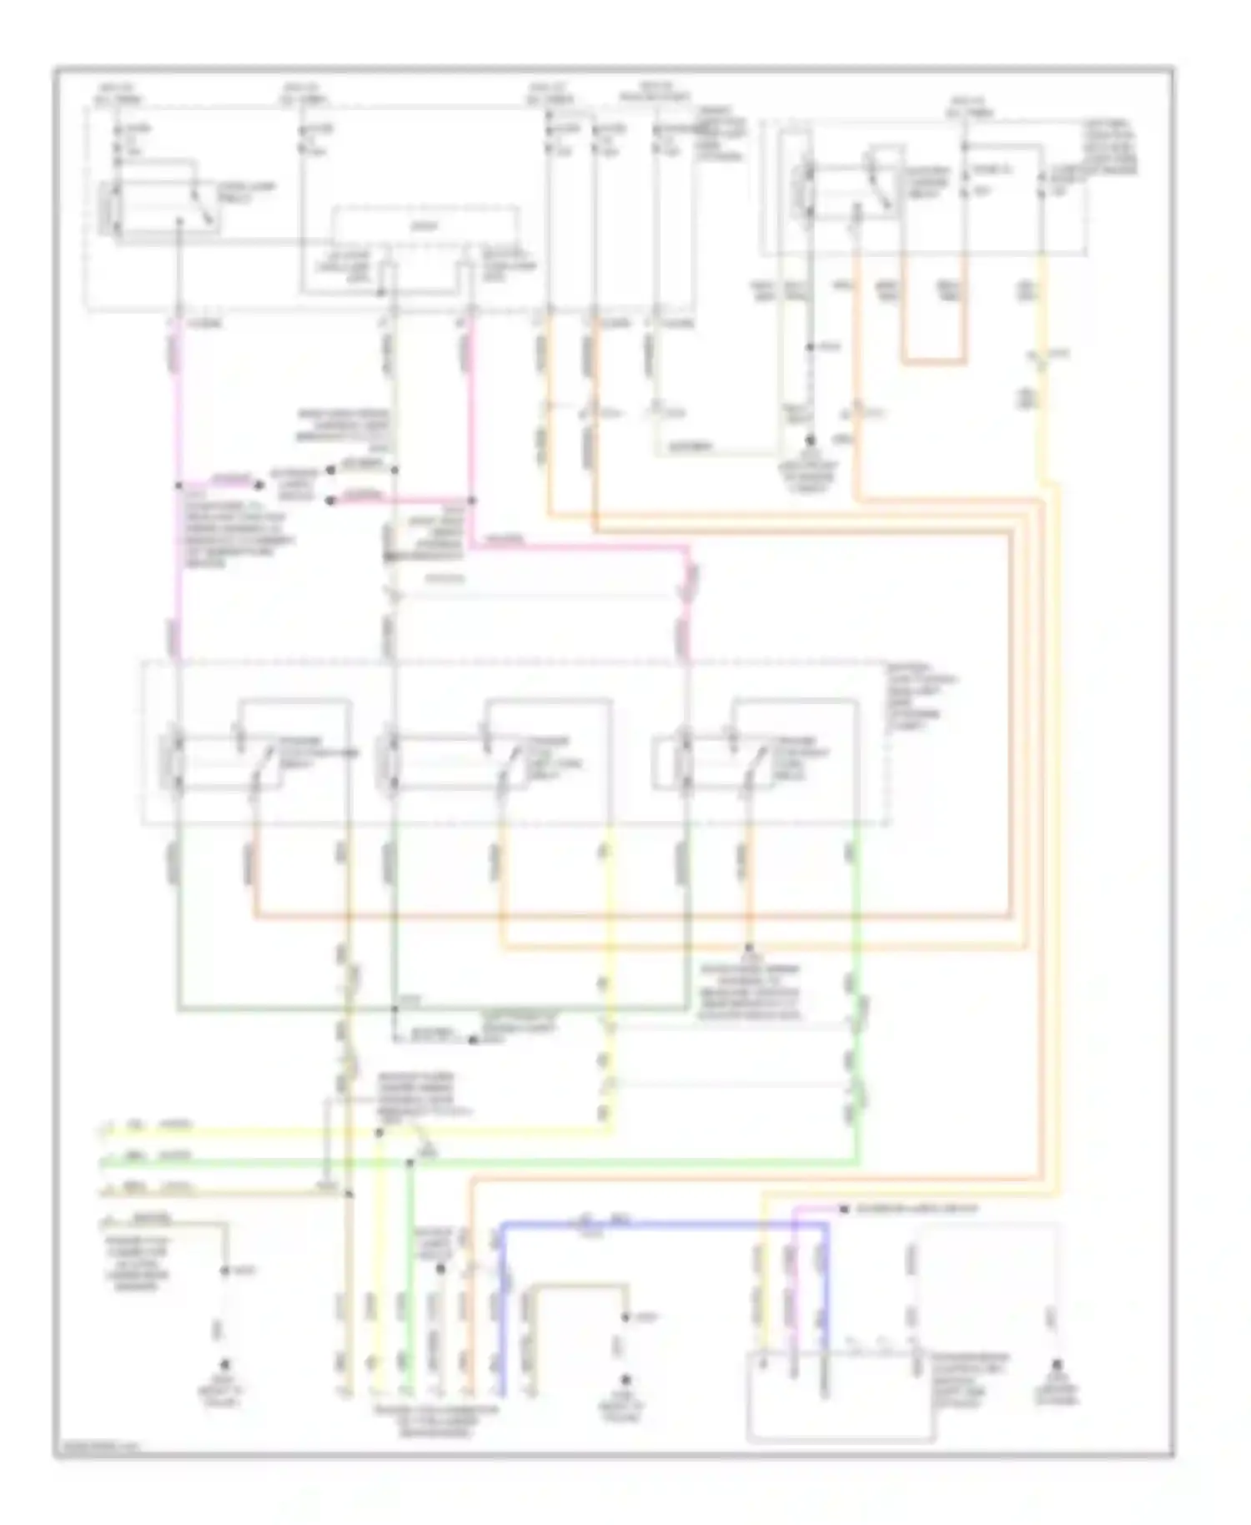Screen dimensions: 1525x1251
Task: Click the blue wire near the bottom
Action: click(x=667, y=1224)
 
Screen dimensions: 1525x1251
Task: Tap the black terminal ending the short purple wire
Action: click(x=843, y=1209)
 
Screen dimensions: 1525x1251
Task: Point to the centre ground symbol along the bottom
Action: click(x=625, y=1380)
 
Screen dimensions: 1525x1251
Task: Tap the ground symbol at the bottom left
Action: click(x=224, y=1366)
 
